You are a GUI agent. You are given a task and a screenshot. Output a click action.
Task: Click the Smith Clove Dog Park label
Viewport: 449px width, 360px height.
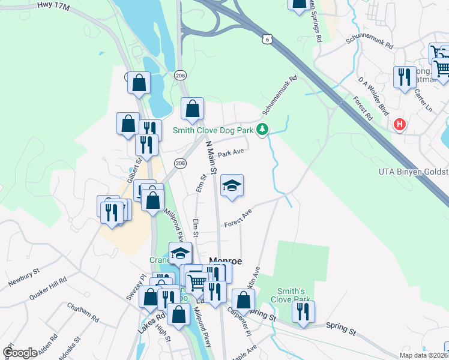[x=213, y=130]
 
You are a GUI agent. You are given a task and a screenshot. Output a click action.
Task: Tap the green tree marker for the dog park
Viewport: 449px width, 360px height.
[x=262, y=129]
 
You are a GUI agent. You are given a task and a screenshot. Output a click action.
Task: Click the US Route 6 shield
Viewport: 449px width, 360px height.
[x=266, y=39]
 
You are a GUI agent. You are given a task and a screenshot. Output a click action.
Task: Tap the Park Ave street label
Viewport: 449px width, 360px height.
[x=231, y=154]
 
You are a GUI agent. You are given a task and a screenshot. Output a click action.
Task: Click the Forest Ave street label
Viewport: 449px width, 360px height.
[x=238, y=218]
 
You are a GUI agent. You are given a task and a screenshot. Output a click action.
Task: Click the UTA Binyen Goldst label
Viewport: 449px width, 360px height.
[x=413, y=172]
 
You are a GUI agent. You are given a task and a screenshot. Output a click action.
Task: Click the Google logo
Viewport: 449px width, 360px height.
[x=20, y=353]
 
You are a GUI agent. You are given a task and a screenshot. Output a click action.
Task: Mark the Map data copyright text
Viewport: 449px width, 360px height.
[x=423, y=355]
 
